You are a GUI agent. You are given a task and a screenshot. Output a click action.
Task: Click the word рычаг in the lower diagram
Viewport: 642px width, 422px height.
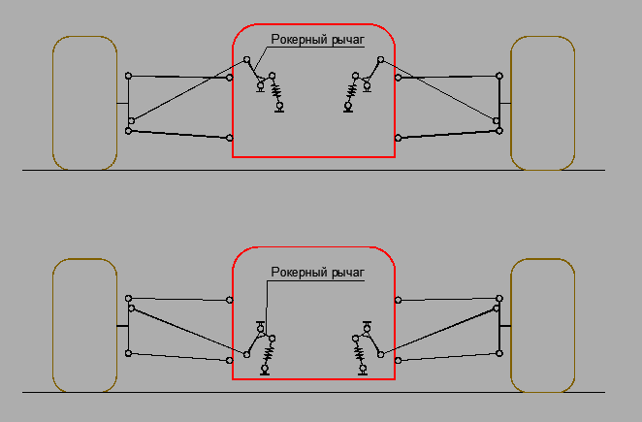(347, 273)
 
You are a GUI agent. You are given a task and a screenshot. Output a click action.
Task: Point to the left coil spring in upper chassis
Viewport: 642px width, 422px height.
(276, 91)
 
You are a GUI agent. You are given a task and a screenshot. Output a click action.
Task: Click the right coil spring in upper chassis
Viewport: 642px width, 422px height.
(352, 91)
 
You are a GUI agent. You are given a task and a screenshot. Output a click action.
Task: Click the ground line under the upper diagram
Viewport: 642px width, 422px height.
(313, 170)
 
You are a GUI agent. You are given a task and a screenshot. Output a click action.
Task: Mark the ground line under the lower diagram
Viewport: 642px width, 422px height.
(313, 393)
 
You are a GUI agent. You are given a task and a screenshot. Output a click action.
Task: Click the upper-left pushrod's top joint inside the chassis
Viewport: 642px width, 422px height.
(246, 60)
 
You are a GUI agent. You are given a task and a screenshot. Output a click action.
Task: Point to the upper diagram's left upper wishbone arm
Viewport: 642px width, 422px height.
(178, 77)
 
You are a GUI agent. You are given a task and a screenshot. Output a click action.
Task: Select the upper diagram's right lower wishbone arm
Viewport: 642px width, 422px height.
(449, 135)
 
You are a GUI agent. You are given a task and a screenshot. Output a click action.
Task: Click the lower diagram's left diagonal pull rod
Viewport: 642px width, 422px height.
(189, 331)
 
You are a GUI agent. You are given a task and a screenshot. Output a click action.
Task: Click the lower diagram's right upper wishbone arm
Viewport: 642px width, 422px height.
(449, 299)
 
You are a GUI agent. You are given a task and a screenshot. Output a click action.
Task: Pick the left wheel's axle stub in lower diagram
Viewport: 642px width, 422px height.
(122, 326)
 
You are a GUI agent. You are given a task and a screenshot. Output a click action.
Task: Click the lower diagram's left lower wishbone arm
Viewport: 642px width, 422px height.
(178, 357)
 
